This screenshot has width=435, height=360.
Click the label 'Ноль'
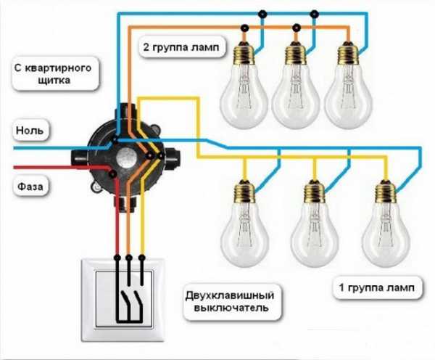(x=30, y=131)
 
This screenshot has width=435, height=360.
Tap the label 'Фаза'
(x=30, y=187)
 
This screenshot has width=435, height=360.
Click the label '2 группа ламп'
(x=183, y=49)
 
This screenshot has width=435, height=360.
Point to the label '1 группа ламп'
(x=377, y=289)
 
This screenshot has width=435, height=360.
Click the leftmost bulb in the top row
(x=244, y=87)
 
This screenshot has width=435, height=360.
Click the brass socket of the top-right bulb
(x=346, y=54)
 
